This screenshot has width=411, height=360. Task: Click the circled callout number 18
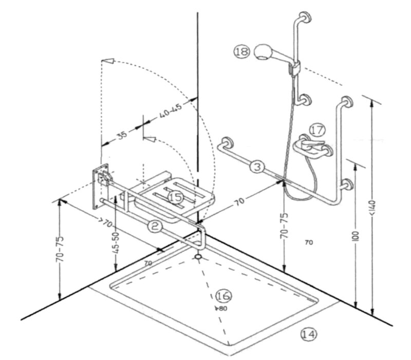click(241, 51)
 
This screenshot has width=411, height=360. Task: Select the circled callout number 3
click(258, 167)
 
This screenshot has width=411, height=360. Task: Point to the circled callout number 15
click(175, 196)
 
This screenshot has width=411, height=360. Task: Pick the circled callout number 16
click(224, 296)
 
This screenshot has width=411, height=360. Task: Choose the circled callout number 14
click(308, 334)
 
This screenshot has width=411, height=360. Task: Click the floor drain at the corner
click(198, 256)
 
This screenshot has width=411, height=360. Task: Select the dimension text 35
click(121, 135)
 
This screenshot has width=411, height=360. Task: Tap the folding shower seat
click(177, 195)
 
